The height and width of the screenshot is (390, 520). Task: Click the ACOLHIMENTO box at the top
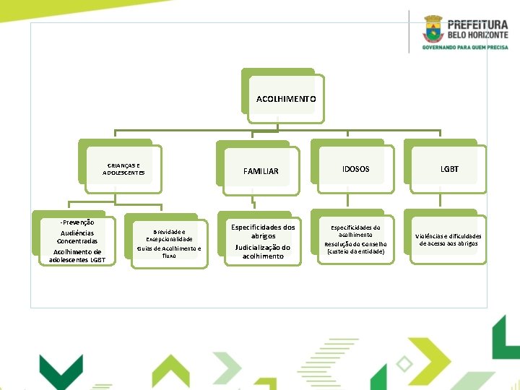[x=286, y=98]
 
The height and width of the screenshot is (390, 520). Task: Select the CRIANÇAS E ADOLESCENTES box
[x=123, y=169]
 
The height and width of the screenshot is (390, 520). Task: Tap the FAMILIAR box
[x=261, y=171]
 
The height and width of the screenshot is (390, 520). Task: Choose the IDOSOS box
[x=355, y=169]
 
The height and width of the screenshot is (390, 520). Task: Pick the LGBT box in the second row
[x=449, y=169]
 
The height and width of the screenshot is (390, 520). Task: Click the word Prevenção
[x=77, y=222]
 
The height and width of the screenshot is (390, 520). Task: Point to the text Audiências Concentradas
[x=77, y=237]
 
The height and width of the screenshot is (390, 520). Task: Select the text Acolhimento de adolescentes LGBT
[x=77, y=256]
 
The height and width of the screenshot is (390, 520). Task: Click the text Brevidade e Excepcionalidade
[x=169, y=235]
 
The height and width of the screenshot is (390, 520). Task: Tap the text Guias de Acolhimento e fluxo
[x=169, y=252]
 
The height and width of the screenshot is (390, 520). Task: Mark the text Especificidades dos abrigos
[x=263, y=232]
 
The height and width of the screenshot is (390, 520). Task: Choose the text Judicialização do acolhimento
[x=263, y=251]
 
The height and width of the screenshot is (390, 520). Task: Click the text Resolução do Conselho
[x=356, y=244]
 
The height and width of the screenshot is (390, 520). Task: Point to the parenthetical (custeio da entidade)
[x=356, y=251]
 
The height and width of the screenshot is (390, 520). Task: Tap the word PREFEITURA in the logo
[x=477, y=24]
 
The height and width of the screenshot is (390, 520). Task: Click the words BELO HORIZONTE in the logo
[x=477, y=35]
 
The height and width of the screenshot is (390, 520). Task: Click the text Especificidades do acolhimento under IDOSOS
[x=356, y=231]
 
